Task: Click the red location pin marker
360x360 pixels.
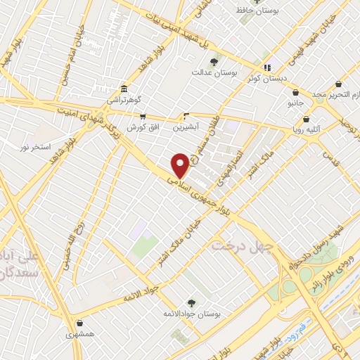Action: pos(181,165)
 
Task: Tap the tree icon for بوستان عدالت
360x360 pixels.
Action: pos(214,61)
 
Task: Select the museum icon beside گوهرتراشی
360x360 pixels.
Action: pos(124,89)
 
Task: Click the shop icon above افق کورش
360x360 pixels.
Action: pos(142,117)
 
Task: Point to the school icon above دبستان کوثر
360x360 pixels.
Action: pos(267,67)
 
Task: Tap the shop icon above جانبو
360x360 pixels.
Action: pos(295,93)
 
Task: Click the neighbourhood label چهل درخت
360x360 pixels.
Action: pos(236,245)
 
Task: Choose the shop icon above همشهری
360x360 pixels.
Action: pos(79,324)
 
